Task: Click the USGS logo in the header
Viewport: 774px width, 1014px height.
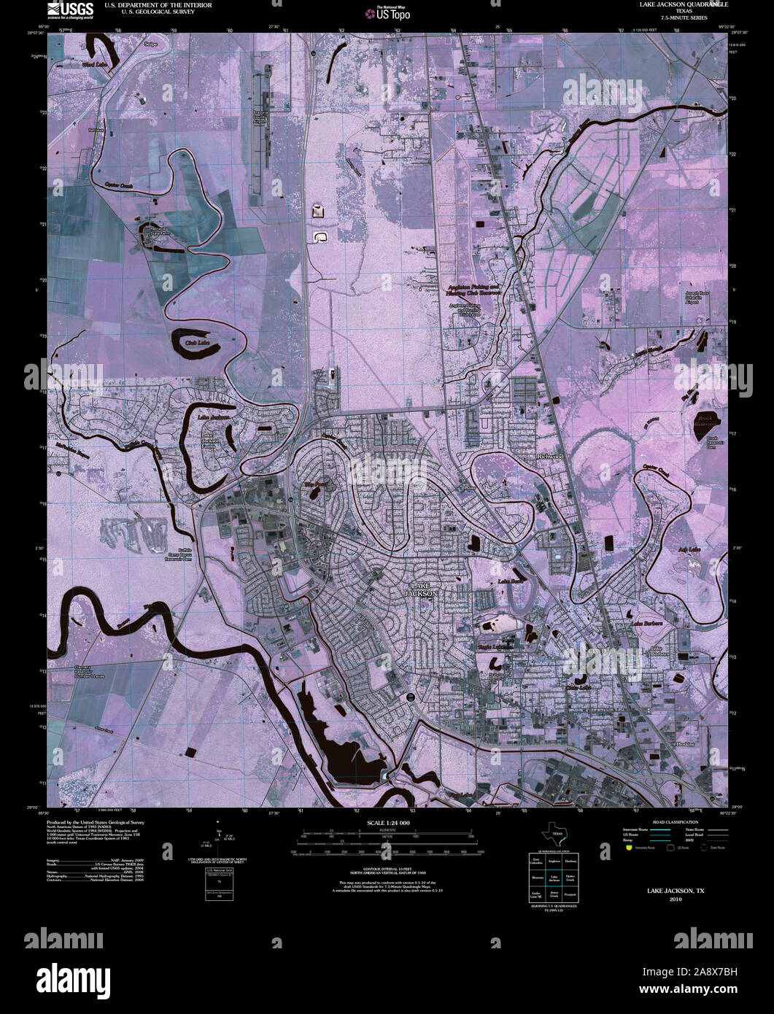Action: click(70, 9)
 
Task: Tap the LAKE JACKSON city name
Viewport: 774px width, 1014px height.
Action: click(424, 589)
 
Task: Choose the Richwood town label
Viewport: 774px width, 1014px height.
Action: click(550, 456)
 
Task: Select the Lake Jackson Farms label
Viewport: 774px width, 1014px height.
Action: click(212, 440)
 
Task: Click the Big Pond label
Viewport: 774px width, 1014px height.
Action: click(316, 484)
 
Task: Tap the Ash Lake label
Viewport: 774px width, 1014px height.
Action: click(689, 549)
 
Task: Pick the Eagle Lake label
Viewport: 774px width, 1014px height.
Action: click(495, 646)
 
